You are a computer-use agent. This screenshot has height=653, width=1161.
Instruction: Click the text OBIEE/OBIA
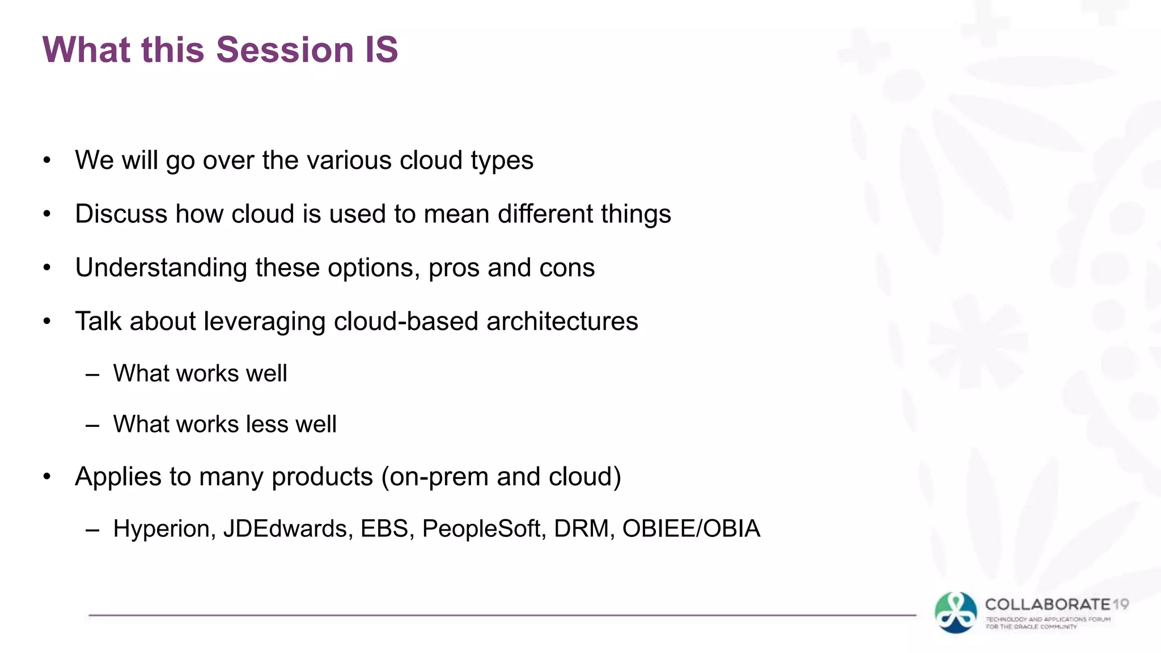click(691, 529)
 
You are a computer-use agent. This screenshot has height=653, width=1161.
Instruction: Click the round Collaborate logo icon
click(956, 613)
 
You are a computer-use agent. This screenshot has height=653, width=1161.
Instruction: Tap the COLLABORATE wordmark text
click(1048, 605)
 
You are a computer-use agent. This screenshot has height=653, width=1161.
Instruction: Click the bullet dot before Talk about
click(47, 321)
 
